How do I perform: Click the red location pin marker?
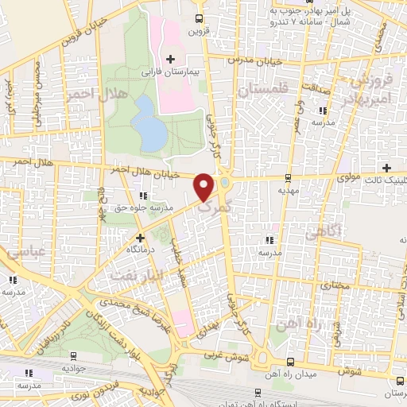(x=204, y=187)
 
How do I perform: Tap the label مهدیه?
(x=287, y=191)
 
